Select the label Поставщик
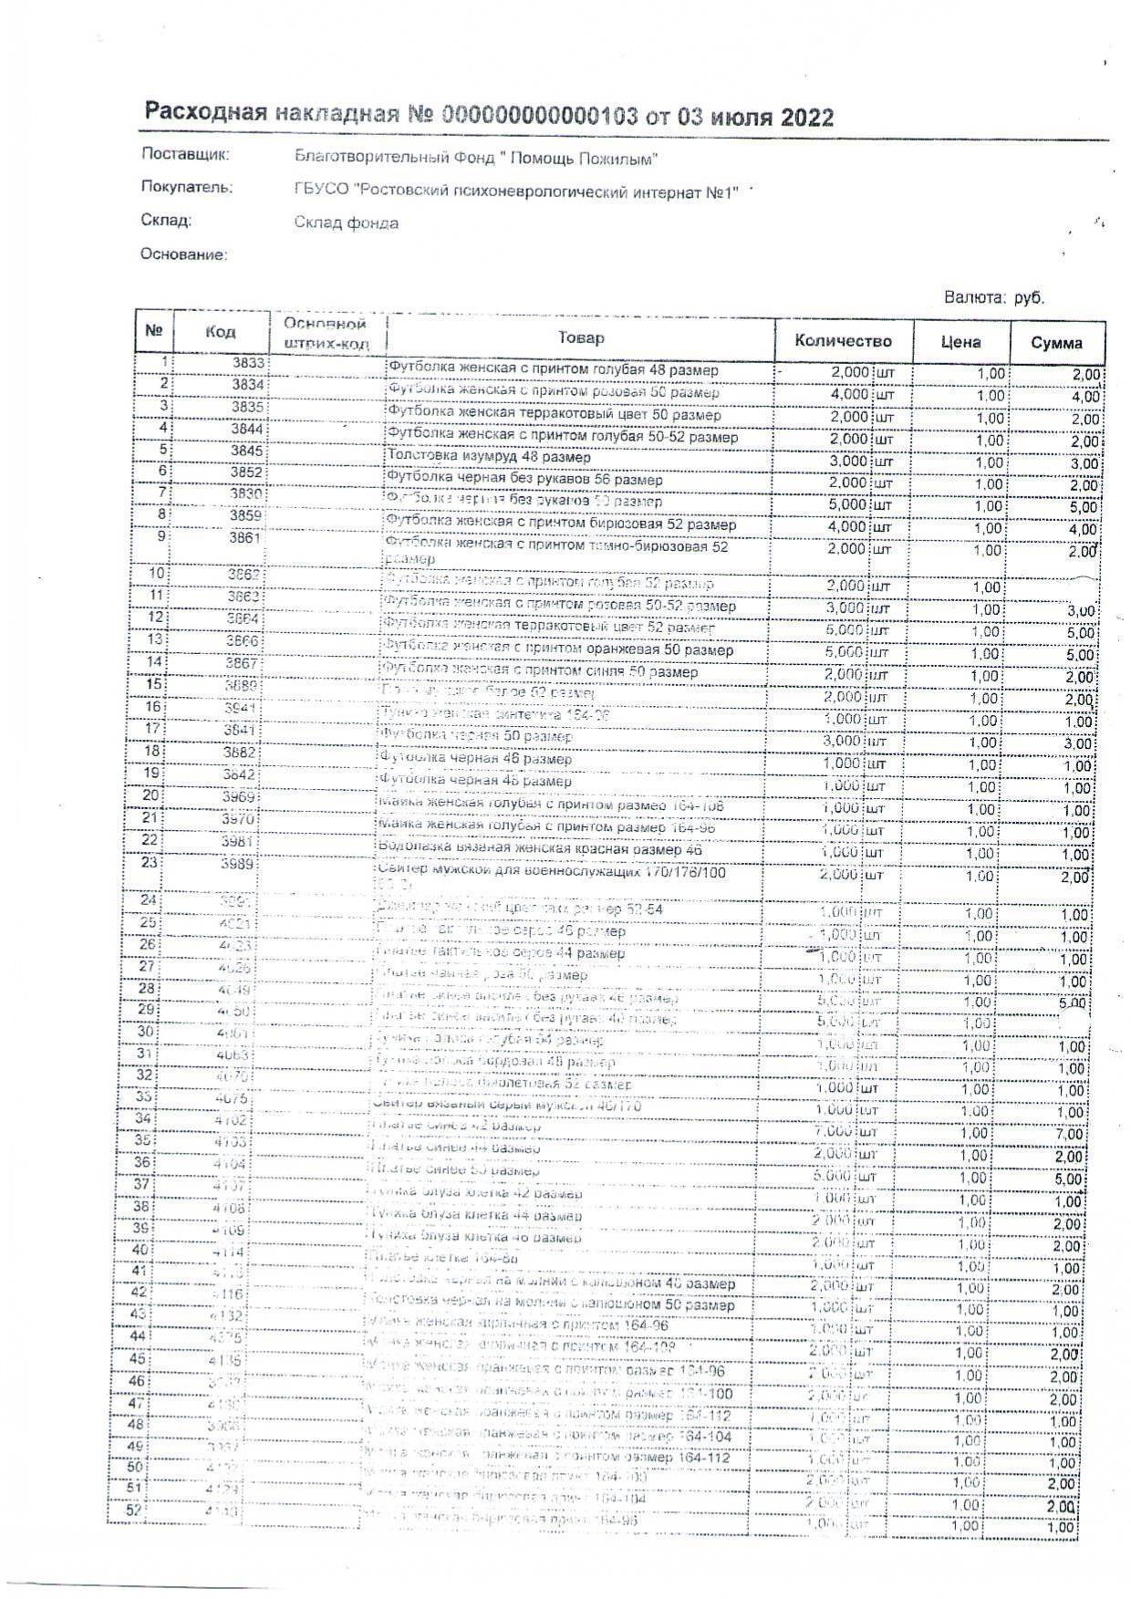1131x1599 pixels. point(185,154)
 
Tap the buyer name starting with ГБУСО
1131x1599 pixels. point(515,191)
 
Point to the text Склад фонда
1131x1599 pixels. point(347,223)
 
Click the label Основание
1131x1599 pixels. point(183,254)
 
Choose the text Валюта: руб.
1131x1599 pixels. point(994,298)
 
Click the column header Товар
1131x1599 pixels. point(581,338)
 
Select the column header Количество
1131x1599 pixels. point(843,341)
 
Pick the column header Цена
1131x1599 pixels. point(960,342)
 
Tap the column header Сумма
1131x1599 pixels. point(1056,343)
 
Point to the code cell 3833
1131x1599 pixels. point(247,363)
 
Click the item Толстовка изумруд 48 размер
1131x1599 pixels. point(489,457)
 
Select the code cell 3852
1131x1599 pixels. point(246,472)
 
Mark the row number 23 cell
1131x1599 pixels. point(150,862)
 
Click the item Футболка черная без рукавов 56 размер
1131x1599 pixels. point(524,479)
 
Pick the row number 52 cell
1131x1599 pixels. point(135,1510)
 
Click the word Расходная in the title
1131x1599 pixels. point(205,112)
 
